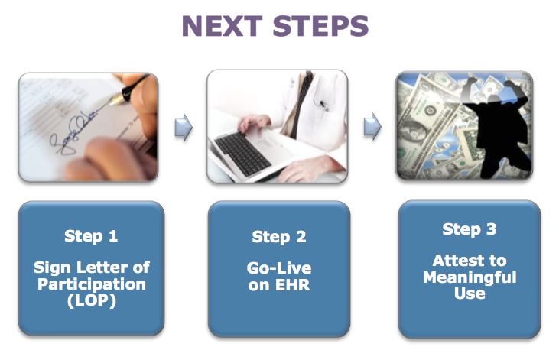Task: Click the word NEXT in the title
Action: coord(222,26)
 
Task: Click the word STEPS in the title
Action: coord(320,26)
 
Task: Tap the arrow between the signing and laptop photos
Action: coord(184,127)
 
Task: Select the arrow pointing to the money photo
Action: coord(372,127)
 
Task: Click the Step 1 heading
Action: coord(91,236)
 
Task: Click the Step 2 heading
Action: coord(279,237)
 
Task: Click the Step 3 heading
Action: coord(470,229)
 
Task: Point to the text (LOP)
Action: coord(92,300)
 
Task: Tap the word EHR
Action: coord(293,285)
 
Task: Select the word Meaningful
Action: coord(470,277)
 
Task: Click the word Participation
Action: coord(92,284)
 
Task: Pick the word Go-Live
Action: coord(279,268)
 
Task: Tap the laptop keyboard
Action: coord(242,153)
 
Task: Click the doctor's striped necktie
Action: coord(301,103)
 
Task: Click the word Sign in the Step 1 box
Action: coord(53,268)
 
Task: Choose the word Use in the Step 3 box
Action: coord(470,294)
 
